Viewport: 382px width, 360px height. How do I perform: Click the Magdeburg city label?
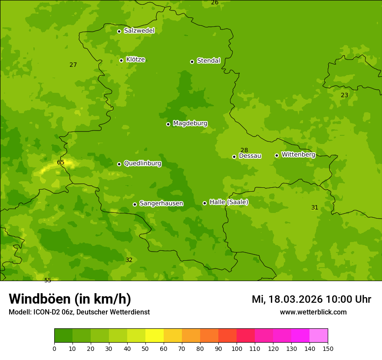coord(190,124)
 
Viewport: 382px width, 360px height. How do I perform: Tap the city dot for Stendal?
coord(192,62)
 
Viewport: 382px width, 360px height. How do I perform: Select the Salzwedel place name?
coord(139,31)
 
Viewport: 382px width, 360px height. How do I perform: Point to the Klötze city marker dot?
coord(121,60)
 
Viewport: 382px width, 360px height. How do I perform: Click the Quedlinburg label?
coord(142,164)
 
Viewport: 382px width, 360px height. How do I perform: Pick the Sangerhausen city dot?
coord(135,204)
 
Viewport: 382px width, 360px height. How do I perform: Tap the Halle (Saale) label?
coord(229,202)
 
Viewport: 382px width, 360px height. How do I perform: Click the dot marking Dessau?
coord(234,157)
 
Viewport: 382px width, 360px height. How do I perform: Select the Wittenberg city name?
coord(298,154)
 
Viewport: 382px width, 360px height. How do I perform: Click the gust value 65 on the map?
coord(61,163)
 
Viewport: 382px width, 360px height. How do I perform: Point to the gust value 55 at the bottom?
coord(48,280)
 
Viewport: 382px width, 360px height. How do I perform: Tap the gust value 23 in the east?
coord(344,95)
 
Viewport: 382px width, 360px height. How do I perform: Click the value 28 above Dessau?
coord(244,150)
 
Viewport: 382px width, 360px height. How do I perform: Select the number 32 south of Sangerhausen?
coord(129,260)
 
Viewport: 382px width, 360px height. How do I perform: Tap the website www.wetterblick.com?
coord(313,312)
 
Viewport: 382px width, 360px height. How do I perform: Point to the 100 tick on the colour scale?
coord(237,348)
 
